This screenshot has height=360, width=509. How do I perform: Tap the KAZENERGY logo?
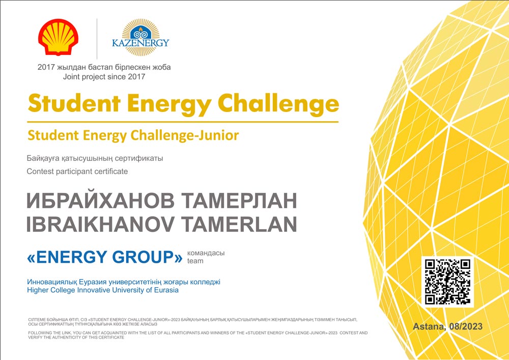tap(140, 37)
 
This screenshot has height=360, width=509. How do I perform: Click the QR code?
tap(447, 282)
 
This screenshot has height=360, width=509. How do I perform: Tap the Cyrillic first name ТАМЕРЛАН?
tap(239, 201)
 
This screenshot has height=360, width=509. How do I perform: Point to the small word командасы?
tap(206, 253)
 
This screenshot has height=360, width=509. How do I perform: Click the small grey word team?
tap(195, 261)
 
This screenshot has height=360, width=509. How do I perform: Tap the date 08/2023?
tap(466, 326)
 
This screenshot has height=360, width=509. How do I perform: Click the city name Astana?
tap(429, 326)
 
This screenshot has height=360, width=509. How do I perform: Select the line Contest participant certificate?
tap(77, 172)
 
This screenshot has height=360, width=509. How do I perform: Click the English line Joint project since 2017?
tap(104, 77)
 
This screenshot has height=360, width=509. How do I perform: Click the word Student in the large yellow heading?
tap(74, 104)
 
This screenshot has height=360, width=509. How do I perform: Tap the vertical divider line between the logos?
tap(97, 39)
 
